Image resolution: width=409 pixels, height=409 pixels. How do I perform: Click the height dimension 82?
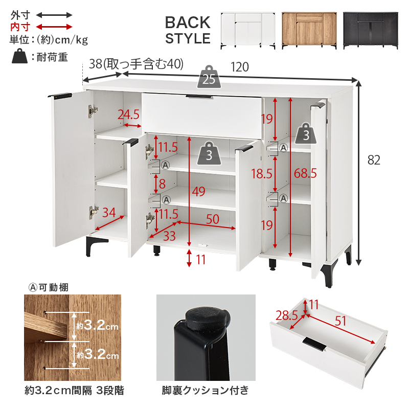click(374, 160)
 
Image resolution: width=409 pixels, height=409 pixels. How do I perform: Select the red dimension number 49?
click(198, 192)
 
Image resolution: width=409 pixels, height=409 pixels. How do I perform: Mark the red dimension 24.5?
click(129, 114)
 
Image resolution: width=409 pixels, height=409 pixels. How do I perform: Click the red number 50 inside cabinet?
click(213, 219)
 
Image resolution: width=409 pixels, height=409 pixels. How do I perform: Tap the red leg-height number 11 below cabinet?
click(200, 260)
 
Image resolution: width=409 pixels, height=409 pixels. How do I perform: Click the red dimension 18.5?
click(261, 173)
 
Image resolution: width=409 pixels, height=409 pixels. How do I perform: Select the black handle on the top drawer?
click(200, 96)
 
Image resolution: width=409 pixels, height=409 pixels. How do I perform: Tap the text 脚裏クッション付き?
click(205, 391)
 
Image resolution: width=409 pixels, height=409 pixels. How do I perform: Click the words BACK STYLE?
click(188, 30)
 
